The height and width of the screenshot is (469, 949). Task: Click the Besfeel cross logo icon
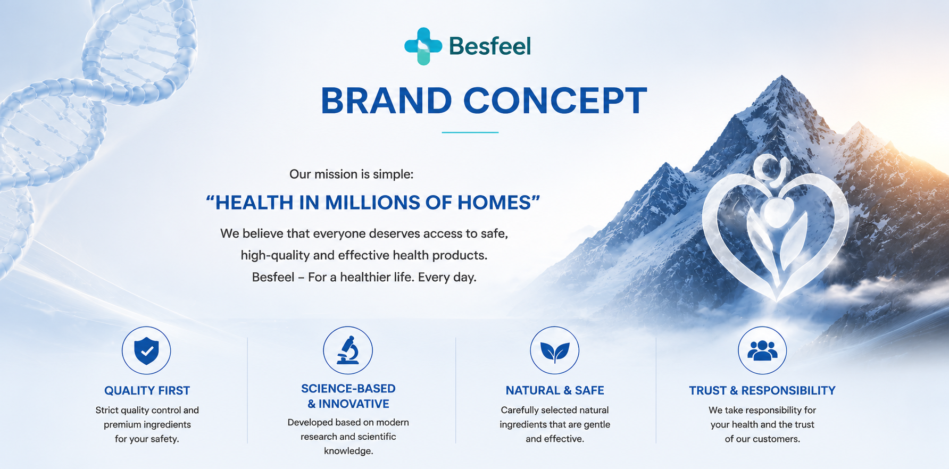pos(423,46)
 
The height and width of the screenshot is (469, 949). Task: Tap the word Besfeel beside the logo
pos(490,46)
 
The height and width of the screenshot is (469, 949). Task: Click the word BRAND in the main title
pos(387,100)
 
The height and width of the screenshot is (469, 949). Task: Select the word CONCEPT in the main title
pos(555,100)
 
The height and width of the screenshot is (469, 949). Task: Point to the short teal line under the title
pos(470,132)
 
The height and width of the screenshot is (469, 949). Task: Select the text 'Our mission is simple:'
pos(351,174)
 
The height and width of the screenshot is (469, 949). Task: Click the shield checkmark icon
pos(146,351)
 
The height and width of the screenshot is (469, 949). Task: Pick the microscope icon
pos(348,350)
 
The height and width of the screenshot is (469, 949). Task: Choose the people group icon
pos(762,350)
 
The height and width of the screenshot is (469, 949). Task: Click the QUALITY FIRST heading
pos(147,391)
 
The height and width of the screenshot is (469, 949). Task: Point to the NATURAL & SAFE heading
pos(555,391)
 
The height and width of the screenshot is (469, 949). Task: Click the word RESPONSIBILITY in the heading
pos(788,391)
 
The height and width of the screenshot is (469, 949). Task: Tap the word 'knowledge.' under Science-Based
pos(348,451)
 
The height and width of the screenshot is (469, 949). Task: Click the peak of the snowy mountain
pos(782,76)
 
